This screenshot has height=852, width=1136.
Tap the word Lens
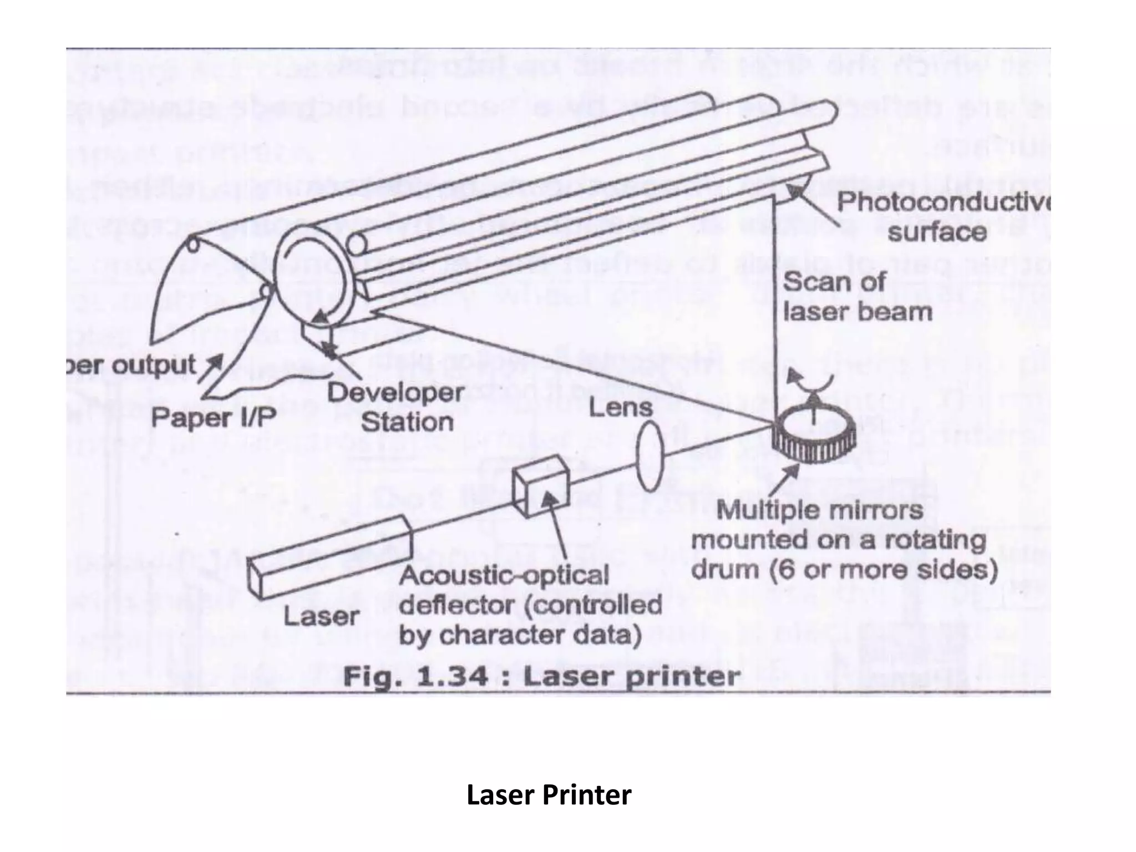click(621, 408)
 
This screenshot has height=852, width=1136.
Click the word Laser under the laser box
click(322, 616)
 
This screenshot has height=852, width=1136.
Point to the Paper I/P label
click(214, 417)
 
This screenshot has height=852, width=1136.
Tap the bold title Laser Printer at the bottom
click(549, 794)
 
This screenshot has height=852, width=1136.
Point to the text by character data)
click(520, 636)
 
